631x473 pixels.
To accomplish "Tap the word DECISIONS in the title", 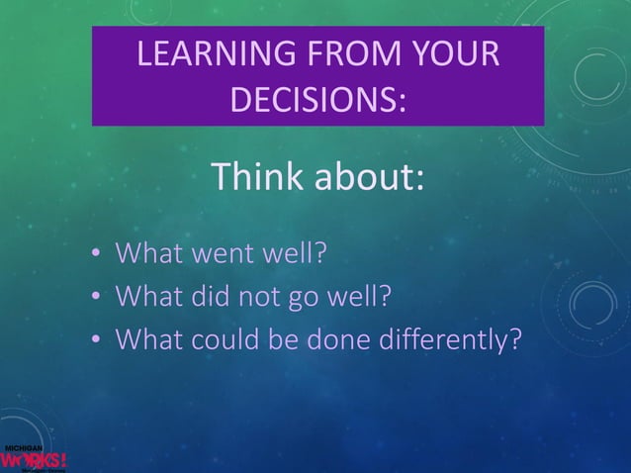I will [317, 100].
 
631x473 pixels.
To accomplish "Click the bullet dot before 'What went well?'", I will [96, 256].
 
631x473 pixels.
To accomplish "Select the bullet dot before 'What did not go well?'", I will [96, 298].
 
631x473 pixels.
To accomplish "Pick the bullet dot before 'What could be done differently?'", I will [96, 339].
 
